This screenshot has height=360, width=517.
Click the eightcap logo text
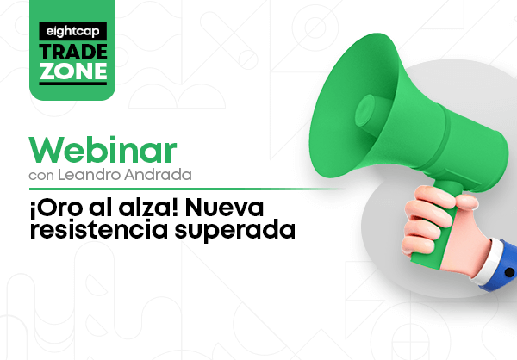pyautogui.click(x=72, y=32)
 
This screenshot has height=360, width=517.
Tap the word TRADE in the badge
pyautogui.click(x=73, y=53)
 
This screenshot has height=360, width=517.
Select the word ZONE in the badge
pyautogui.click(x=73, y=71)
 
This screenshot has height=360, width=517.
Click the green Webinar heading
pyautogui.click(x=103, y=150)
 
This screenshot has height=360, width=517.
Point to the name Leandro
pyautogui.click(x=89, y=175)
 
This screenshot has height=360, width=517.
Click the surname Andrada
pyautogui.click(x=158, y=175)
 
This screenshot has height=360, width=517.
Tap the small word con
pyautogui.click(x=41, y=176)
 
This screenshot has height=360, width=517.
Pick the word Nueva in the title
pyautogui.click(x=224, y=208)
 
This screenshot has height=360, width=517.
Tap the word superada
pyautogui.click(x=234, y=231)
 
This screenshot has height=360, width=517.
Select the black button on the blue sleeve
pyautogui.click(x=509, y=273)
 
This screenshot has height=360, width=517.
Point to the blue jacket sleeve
pyautogui.click(x=503, y=267)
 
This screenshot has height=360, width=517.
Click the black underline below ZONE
pyautogui.click(x=73, y=84)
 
